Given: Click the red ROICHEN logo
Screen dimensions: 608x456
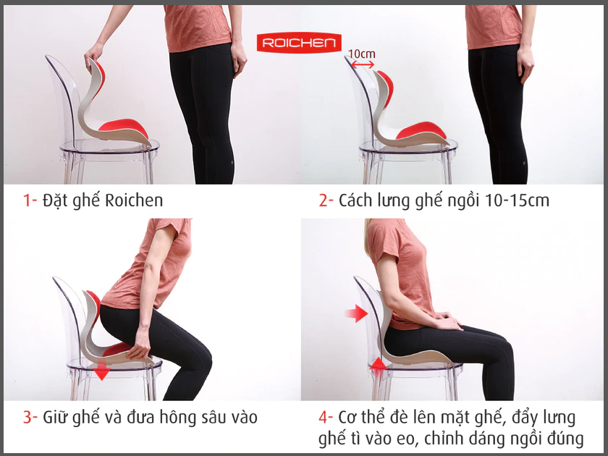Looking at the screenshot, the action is tap(299, 42).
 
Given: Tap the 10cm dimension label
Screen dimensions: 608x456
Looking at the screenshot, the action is tap(361, 54).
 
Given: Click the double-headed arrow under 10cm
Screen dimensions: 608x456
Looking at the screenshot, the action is tap(361, 64).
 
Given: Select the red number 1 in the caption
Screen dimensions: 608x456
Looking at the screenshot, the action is tap(27, 200).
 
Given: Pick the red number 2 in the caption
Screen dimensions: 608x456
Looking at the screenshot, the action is tap(323, 200).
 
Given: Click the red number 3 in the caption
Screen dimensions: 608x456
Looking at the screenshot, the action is tap(28, 417).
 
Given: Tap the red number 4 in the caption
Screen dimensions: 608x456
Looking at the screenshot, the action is tap(324, 417).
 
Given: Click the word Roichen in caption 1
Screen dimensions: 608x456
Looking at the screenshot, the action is tap(134, 200).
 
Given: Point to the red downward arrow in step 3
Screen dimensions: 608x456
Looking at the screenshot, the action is tap(102, 370).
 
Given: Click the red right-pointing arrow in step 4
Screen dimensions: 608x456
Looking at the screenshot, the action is tap(356, 313).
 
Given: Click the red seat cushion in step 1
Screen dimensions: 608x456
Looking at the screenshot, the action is tap(123, 126).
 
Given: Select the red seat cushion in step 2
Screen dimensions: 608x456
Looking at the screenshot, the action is tap(422, 130).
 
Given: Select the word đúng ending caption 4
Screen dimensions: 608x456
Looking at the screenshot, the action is tap(565, 439).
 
